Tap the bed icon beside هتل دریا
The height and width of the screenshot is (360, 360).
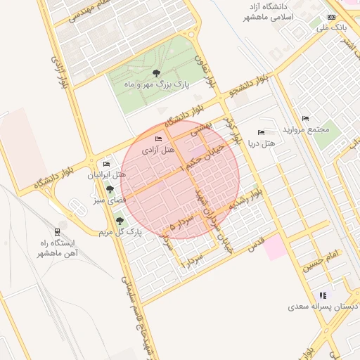pyautogui.click(x=261, y=132)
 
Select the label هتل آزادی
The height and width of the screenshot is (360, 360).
pyautogui.click(x=158, y=150)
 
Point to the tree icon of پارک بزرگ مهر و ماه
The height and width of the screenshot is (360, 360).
pyautogui.click(x=156, y=73)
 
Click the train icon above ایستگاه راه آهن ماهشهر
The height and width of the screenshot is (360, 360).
pyautogui.click(x=56, y=231)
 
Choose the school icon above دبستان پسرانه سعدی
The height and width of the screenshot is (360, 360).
pyautogui.click(x=322, y=295)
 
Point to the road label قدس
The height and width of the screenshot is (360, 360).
pyautogui.click(x=256, y=243)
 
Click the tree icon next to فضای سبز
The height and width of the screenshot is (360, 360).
pyautogui.click(x=109, y=188)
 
